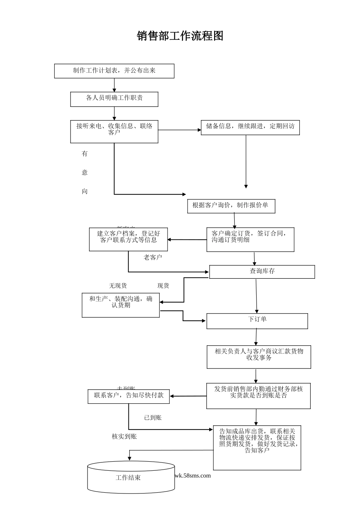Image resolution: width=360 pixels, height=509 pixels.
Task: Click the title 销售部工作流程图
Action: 180,36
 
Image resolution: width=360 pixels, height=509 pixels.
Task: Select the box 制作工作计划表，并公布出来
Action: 114,71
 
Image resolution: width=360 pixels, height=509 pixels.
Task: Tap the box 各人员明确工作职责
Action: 114,99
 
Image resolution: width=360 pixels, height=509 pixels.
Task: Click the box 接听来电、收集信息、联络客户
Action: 114,131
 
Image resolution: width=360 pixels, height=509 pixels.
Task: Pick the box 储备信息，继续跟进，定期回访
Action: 250,127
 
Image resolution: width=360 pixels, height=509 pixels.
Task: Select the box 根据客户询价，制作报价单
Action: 231,206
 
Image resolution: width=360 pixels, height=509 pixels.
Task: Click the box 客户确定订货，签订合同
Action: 250,239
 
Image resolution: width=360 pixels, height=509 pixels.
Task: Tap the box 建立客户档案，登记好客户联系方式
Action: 128,239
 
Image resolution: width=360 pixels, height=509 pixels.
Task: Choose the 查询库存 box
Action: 262,272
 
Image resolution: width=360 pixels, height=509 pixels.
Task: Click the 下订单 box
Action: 257,321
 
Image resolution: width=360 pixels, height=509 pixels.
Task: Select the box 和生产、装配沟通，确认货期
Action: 121,305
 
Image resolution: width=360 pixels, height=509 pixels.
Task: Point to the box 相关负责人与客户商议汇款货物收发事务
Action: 259,356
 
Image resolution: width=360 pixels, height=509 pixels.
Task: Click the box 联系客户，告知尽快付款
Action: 128,396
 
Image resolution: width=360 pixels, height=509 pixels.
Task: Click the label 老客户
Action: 153,258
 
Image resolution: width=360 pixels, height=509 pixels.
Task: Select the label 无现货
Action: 118,286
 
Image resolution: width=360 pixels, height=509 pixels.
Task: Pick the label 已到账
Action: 153,418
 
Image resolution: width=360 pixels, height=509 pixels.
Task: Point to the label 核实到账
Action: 124,437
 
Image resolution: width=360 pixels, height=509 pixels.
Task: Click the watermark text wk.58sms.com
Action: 193,476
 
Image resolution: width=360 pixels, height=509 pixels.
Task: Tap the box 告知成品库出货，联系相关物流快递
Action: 257,447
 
